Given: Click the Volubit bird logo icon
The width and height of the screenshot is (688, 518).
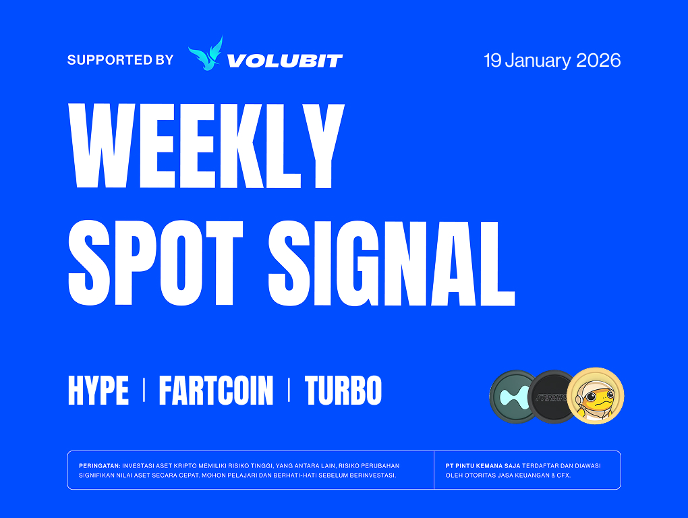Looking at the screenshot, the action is tap(206, 53).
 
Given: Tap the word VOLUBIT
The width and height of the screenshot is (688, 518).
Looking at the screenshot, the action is tap(285, 61).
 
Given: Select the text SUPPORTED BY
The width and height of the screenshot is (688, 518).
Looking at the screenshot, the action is tap(120, 60).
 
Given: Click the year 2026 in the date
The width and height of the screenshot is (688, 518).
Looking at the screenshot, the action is tap(598, 61).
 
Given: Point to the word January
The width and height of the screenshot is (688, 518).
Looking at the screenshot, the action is tap(538, 61).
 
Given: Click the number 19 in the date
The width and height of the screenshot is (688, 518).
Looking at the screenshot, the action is tap(492, 61).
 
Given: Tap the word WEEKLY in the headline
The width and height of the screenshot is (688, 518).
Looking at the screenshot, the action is tap(206, 146).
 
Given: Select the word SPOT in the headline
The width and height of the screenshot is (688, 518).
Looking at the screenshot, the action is tap(156, 263).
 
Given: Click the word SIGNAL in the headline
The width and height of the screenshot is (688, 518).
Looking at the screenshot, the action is tap(391, 263).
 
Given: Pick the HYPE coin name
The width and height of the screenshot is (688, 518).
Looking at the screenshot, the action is tap(98, 390).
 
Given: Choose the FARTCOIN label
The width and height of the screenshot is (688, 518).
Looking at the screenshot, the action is tap(216, 390).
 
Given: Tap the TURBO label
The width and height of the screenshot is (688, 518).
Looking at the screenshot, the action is tap(343, 390).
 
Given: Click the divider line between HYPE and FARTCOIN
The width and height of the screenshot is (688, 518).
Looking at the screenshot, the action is tap(144, 391).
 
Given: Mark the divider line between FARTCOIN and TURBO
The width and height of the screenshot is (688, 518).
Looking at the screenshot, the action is tap(289, 391).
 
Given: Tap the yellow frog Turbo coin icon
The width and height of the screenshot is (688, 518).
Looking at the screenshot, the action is tap(596, 396).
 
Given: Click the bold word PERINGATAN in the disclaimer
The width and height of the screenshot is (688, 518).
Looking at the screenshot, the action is tap(100, 466).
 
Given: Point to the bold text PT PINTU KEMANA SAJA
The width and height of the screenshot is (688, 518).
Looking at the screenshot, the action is tap(483, 466).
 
